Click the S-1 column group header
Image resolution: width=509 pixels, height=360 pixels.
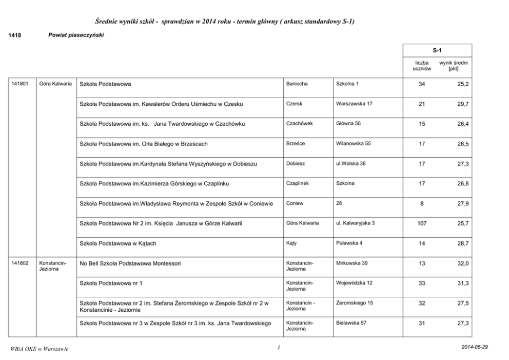click(437, 50)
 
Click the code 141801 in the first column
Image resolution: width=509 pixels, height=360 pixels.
click(19, 83)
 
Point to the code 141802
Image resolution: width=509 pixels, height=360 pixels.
click(19, 263)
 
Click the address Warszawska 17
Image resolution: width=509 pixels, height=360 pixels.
click(354, 103)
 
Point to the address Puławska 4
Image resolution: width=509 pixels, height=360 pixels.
click(349, 243)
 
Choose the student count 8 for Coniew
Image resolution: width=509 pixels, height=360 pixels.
click(422, 203)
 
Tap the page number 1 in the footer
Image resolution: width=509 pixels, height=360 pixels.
click(277, 348)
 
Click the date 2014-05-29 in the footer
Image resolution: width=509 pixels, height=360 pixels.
click(475, 347)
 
